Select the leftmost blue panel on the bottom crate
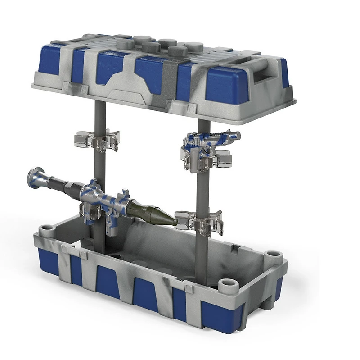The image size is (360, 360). (x=48, y=261)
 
